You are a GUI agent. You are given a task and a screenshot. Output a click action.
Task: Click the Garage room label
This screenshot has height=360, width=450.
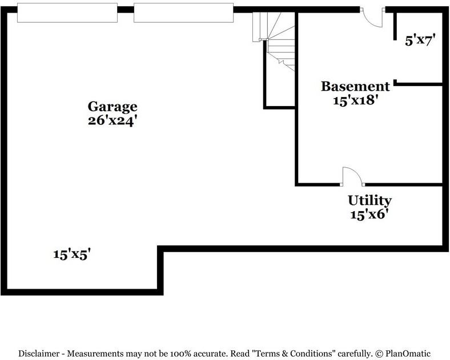pyautogui.click(x=112, y=106)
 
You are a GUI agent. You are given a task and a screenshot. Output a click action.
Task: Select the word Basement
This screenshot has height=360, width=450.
pyautogui.click(x=355, y=86)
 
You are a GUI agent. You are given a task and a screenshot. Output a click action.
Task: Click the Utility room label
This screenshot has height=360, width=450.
pyautogui.click(x=369, y=201)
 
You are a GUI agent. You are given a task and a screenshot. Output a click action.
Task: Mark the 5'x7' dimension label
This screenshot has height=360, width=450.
pyautogui.click(x=420, y=41)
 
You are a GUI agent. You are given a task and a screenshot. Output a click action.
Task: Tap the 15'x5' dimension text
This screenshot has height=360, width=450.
pyautogui.click(x=73, y=254)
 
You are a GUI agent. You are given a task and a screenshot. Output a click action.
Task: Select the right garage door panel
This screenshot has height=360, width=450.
pyautogui.click(x=183, y=13)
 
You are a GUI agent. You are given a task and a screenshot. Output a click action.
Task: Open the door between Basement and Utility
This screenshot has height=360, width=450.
pyautogui.click(x=352, y=177)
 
